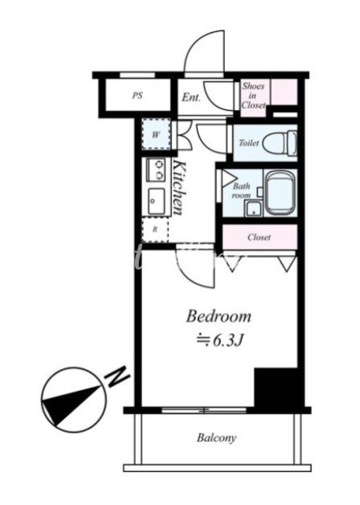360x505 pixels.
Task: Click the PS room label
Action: [x=137, y=96]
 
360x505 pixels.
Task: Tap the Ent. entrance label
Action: [x=191, y=97]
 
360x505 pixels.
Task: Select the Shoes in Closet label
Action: [x=253, y=96]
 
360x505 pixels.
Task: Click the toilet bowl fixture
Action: [x=280, y=143]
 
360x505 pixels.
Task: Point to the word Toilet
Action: [x=248, y=142]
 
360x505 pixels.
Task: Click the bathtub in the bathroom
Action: [x=280, y=193]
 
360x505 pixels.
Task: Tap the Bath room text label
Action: [x=242, y=191]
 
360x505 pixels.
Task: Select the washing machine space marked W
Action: [x=157, y=134]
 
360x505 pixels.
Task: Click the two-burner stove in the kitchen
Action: [x=157, y=170]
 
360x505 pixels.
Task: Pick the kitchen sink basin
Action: [x=157, y=201]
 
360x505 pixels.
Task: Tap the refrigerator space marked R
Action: [x=155, y=230]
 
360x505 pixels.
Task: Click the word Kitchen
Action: [x=179, y=187]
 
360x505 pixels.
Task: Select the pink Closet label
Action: [x=259, y=237]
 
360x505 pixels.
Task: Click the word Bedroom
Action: [x=219, y=316]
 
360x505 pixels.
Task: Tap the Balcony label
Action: [x=216, y=437]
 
